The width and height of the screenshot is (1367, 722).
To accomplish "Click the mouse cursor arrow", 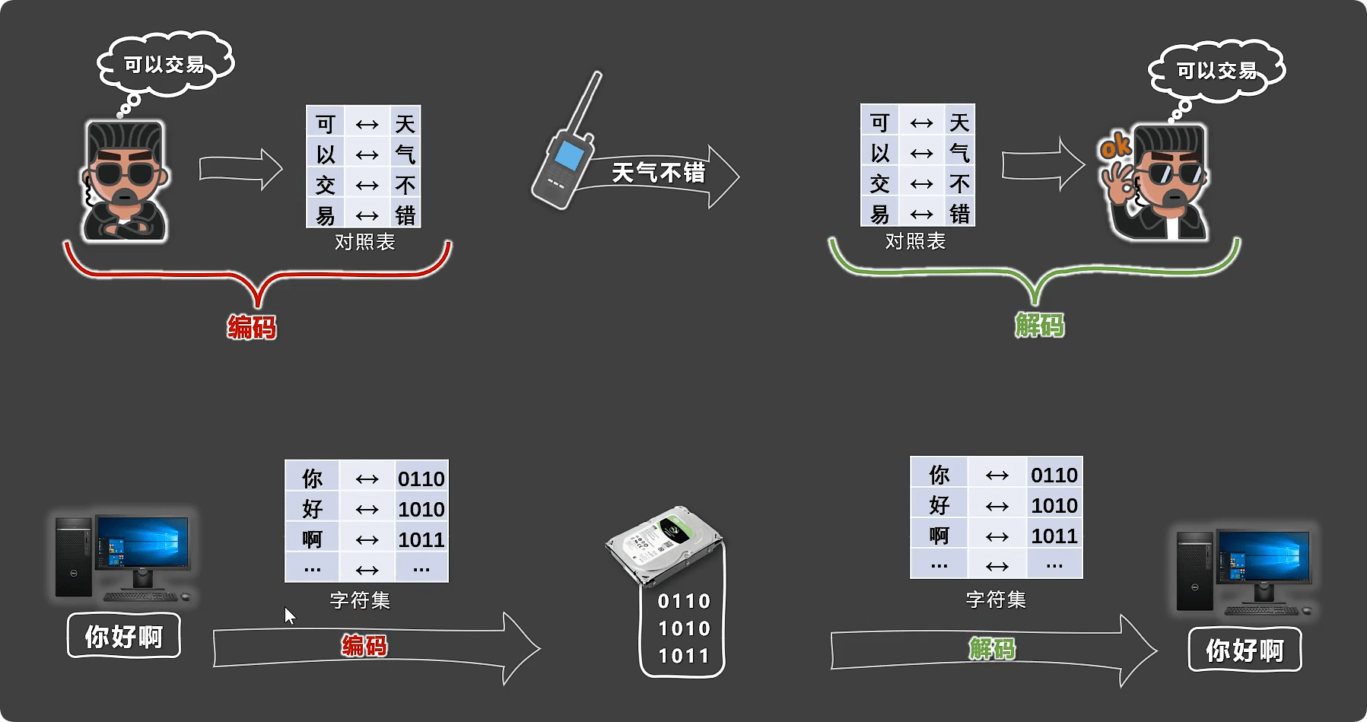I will [289, 615].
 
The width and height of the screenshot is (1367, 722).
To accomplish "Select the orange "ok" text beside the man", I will [1115, 145].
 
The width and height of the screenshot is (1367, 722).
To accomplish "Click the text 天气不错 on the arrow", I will [659, 173].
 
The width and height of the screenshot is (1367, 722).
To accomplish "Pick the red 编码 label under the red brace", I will [252, 327].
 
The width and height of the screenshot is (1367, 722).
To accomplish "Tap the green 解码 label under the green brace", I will [1039, 326].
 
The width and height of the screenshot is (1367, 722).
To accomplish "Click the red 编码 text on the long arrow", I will [364, 646].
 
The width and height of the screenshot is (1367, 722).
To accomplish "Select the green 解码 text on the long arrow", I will [992, 649].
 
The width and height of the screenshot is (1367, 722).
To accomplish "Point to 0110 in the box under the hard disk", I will [684, 602].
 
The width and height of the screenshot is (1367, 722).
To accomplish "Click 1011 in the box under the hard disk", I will [684, 656].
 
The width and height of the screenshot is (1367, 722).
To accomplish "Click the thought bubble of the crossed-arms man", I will [165, 65].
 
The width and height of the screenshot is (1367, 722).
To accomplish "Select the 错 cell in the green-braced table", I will [959, 214].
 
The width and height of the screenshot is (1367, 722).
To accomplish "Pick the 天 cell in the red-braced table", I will [405, 124].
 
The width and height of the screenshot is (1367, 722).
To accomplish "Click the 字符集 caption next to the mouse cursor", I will [360, 600].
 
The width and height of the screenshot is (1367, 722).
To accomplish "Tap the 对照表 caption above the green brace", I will [915, 241].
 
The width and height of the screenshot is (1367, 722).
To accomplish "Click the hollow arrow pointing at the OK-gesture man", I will [1042, 164].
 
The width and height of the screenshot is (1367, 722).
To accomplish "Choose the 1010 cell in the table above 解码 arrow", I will [1054, 506].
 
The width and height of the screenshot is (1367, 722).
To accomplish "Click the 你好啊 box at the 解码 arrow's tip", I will [1245, 650].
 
